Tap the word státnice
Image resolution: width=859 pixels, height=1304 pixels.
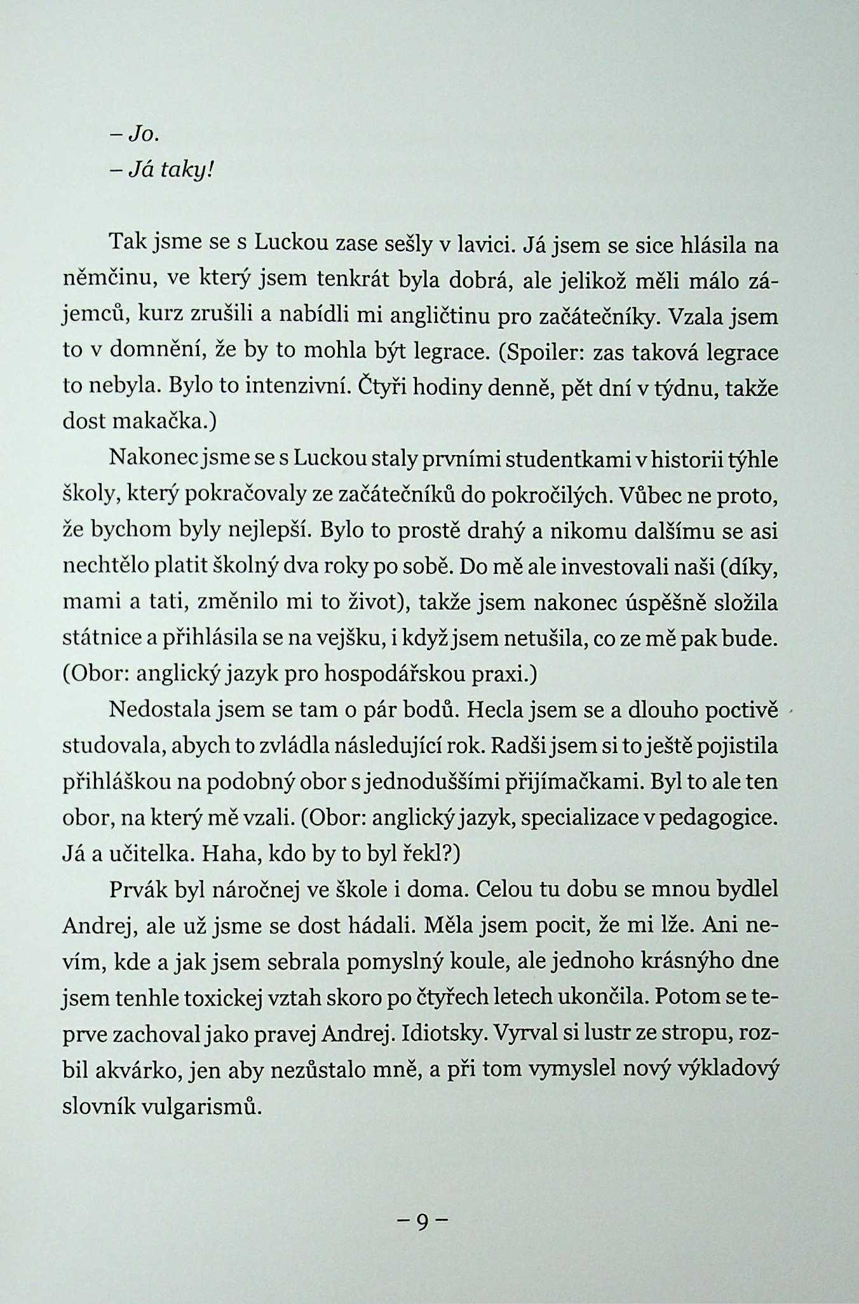tap(101, 639)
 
